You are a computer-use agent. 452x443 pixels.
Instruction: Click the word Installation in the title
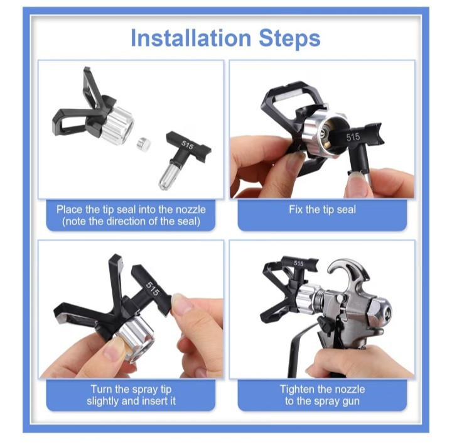pos(191,38)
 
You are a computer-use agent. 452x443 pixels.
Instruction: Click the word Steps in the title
pos(289,39)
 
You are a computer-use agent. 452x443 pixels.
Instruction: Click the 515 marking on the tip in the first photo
pos(187,145)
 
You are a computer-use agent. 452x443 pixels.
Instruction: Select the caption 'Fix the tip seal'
pos(322,209)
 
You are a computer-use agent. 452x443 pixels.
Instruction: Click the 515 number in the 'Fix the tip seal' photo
pos(353,137)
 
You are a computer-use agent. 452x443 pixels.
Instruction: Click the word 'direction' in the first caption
pos(131,221)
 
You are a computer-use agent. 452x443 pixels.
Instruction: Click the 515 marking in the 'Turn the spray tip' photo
pos(152,288)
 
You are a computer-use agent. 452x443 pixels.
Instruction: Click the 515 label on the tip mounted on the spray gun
pos(299,263)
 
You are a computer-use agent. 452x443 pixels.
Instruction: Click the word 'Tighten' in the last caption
pos(297,390)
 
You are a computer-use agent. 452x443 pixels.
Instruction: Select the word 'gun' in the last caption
pos(350,402)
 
